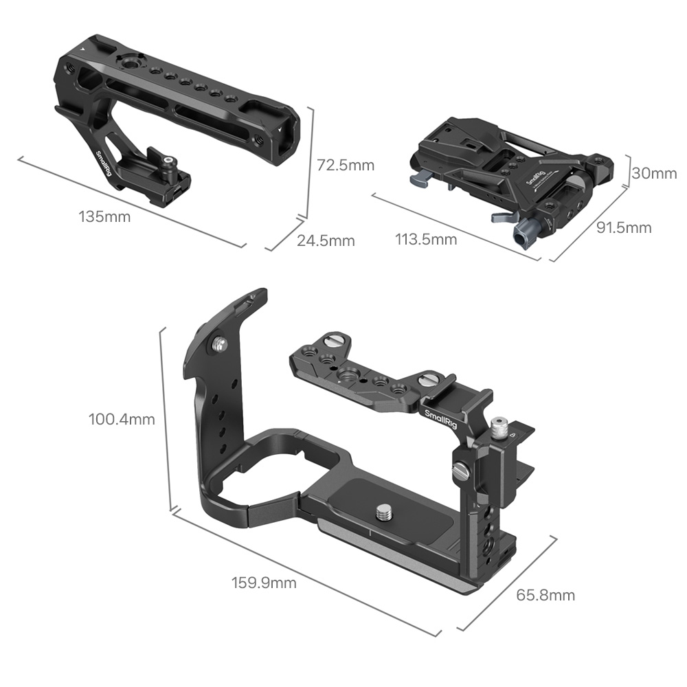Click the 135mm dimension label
pos(104,216)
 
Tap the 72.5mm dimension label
pos(346,165)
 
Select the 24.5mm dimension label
pos(326,240)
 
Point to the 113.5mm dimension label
pos(426,239)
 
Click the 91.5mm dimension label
pos(624,227)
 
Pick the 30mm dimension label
pos(654,173)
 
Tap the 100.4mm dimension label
pos(122,419)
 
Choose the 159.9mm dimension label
pos(264,583)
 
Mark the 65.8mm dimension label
pos(545,595)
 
